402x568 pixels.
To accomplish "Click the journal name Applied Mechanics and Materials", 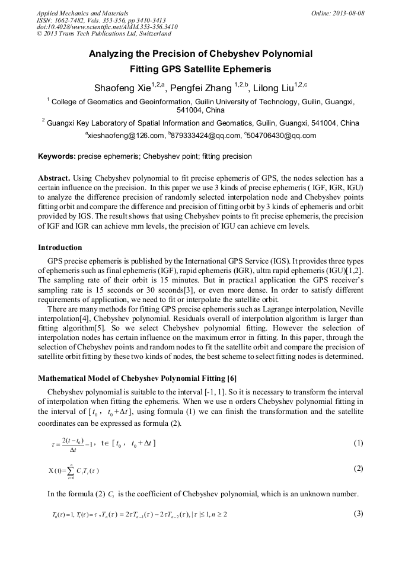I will click(75, 13).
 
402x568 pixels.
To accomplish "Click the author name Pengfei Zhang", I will click(198, 88).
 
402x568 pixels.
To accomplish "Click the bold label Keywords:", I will click(56, 157).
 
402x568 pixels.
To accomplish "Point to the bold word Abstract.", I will click(54, 178).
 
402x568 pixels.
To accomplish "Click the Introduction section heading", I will click(60, 247).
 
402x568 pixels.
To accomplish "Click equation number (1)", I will click(358, 443).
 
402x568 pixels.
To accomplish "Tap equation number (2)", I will click(358, 468).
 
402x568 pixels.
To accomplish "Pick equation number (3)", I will click(358, 514).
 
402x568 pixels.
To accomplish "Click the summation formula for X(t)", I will click(74, 470).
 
